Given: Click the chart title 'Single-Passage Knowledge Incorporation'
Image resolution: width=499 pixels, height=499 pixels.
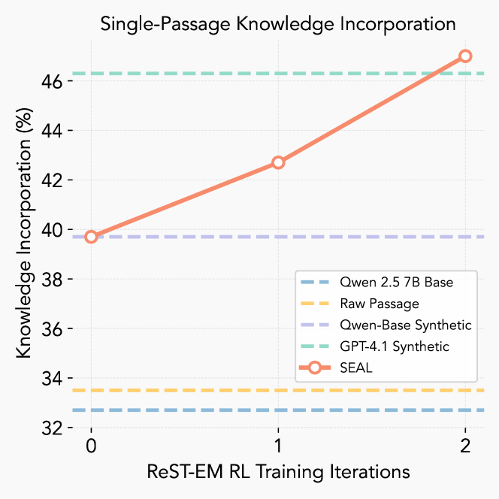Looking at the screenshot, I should click(x=278, y=23).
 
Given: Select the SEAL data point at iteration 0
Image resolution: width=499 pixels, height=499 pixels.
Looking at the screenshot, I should click(x=91, y=237).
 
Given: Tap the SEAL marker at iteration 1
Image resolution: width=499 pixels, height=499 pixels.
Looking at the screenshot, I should click(x=278, y=162).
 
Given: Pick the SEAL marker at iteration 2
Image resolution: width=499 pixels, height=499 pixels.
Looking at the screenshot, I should click(x=465, y=56).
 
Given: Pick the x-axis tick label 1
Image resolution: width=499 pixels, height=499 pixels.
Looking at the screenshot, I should click(x=278, y=446).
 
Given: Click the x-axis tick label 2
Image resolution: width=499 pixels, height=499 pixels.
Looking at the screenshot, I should click(x=465, y=446).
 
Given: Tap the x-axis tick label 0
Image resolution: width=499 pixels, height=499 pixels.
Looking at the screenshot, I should click(x=91, y=446).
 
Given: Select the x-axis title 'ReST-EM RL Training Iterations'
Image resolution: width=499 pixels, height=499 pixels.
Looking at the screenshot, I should click(x=278, y=472).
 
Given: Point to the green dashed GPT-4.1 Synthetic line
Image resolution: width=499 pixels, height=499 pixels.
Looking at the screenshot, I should click(x=188, y=74).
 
